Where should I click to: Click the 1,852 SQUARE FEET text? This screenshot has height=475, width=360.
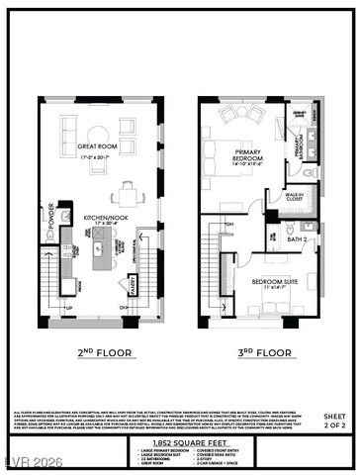(x=179, y=443)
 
